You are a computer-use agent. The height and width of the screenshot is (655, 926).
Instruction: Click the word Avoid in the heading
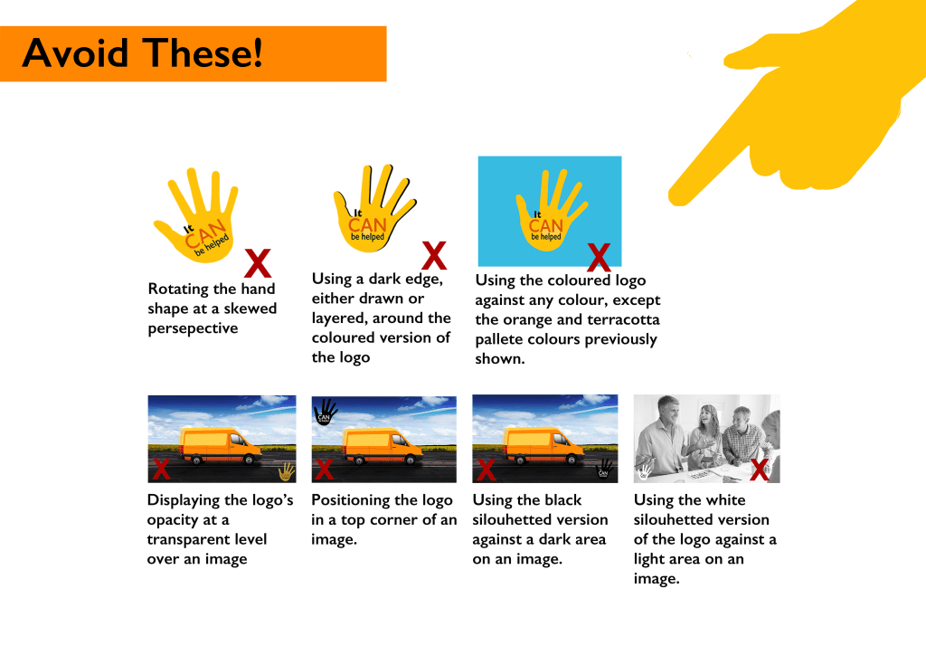tap(75, 53)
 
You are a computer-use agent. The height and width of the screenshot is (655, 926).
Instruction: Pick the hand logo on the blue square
tap(550, 210)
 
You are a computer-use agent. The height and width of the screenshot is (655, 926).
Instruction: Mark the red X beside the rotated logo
tap(258, 263)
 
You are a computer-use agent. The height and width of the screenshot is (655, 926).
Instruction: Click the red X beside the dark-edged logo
tap(434, 255)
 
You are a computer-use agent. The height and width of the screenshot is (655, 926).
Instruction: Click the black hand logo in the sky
tap(325, 412)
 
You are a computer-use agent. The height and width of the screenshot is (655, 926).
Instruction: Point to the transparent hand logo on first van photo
tap(287, 471)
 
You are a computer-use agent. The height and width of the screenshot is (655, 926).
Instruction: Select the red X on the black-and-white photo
tap(760, 470)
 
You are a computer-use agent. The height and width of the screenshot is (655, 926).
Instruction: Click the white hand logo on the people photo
tap(644, 470)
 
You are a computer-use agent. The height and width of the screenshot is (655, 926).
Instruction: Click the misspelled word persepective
tap(194, 329)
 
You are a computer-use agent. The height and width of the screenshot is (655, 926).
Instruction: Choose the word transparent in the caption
tap(207, 540)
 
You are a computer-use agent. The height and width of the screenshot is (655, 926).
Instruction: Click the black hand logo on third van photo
tap(604, 469)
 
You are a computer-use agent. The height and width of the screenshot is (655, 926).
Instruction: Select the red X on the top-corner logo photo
tap(325, 470)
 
